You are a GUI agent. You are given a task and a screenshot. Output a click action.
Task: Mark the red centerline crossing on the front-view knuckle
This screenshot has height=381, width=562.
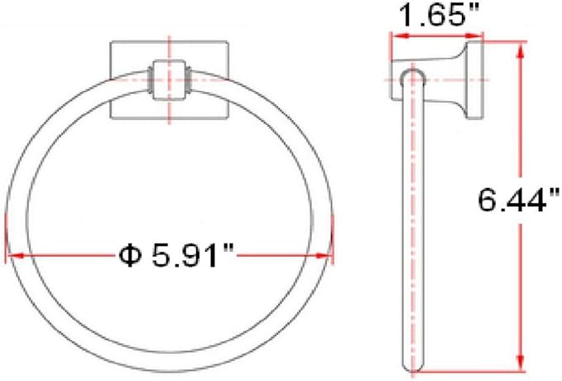click(x=169, y=80)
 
